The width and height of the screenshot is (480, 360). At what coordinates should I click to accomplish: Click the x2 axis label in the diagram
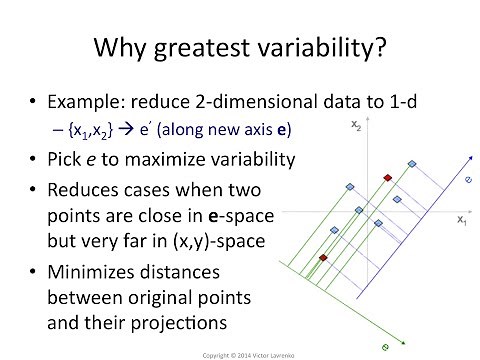(x=357, y=124)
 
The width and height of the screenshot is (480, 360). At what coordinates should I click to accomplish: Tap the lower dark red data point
(x=322, y=258)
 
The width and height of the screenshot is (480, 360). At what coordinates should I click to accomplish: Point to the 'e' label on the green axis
(x=384, y=346)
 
